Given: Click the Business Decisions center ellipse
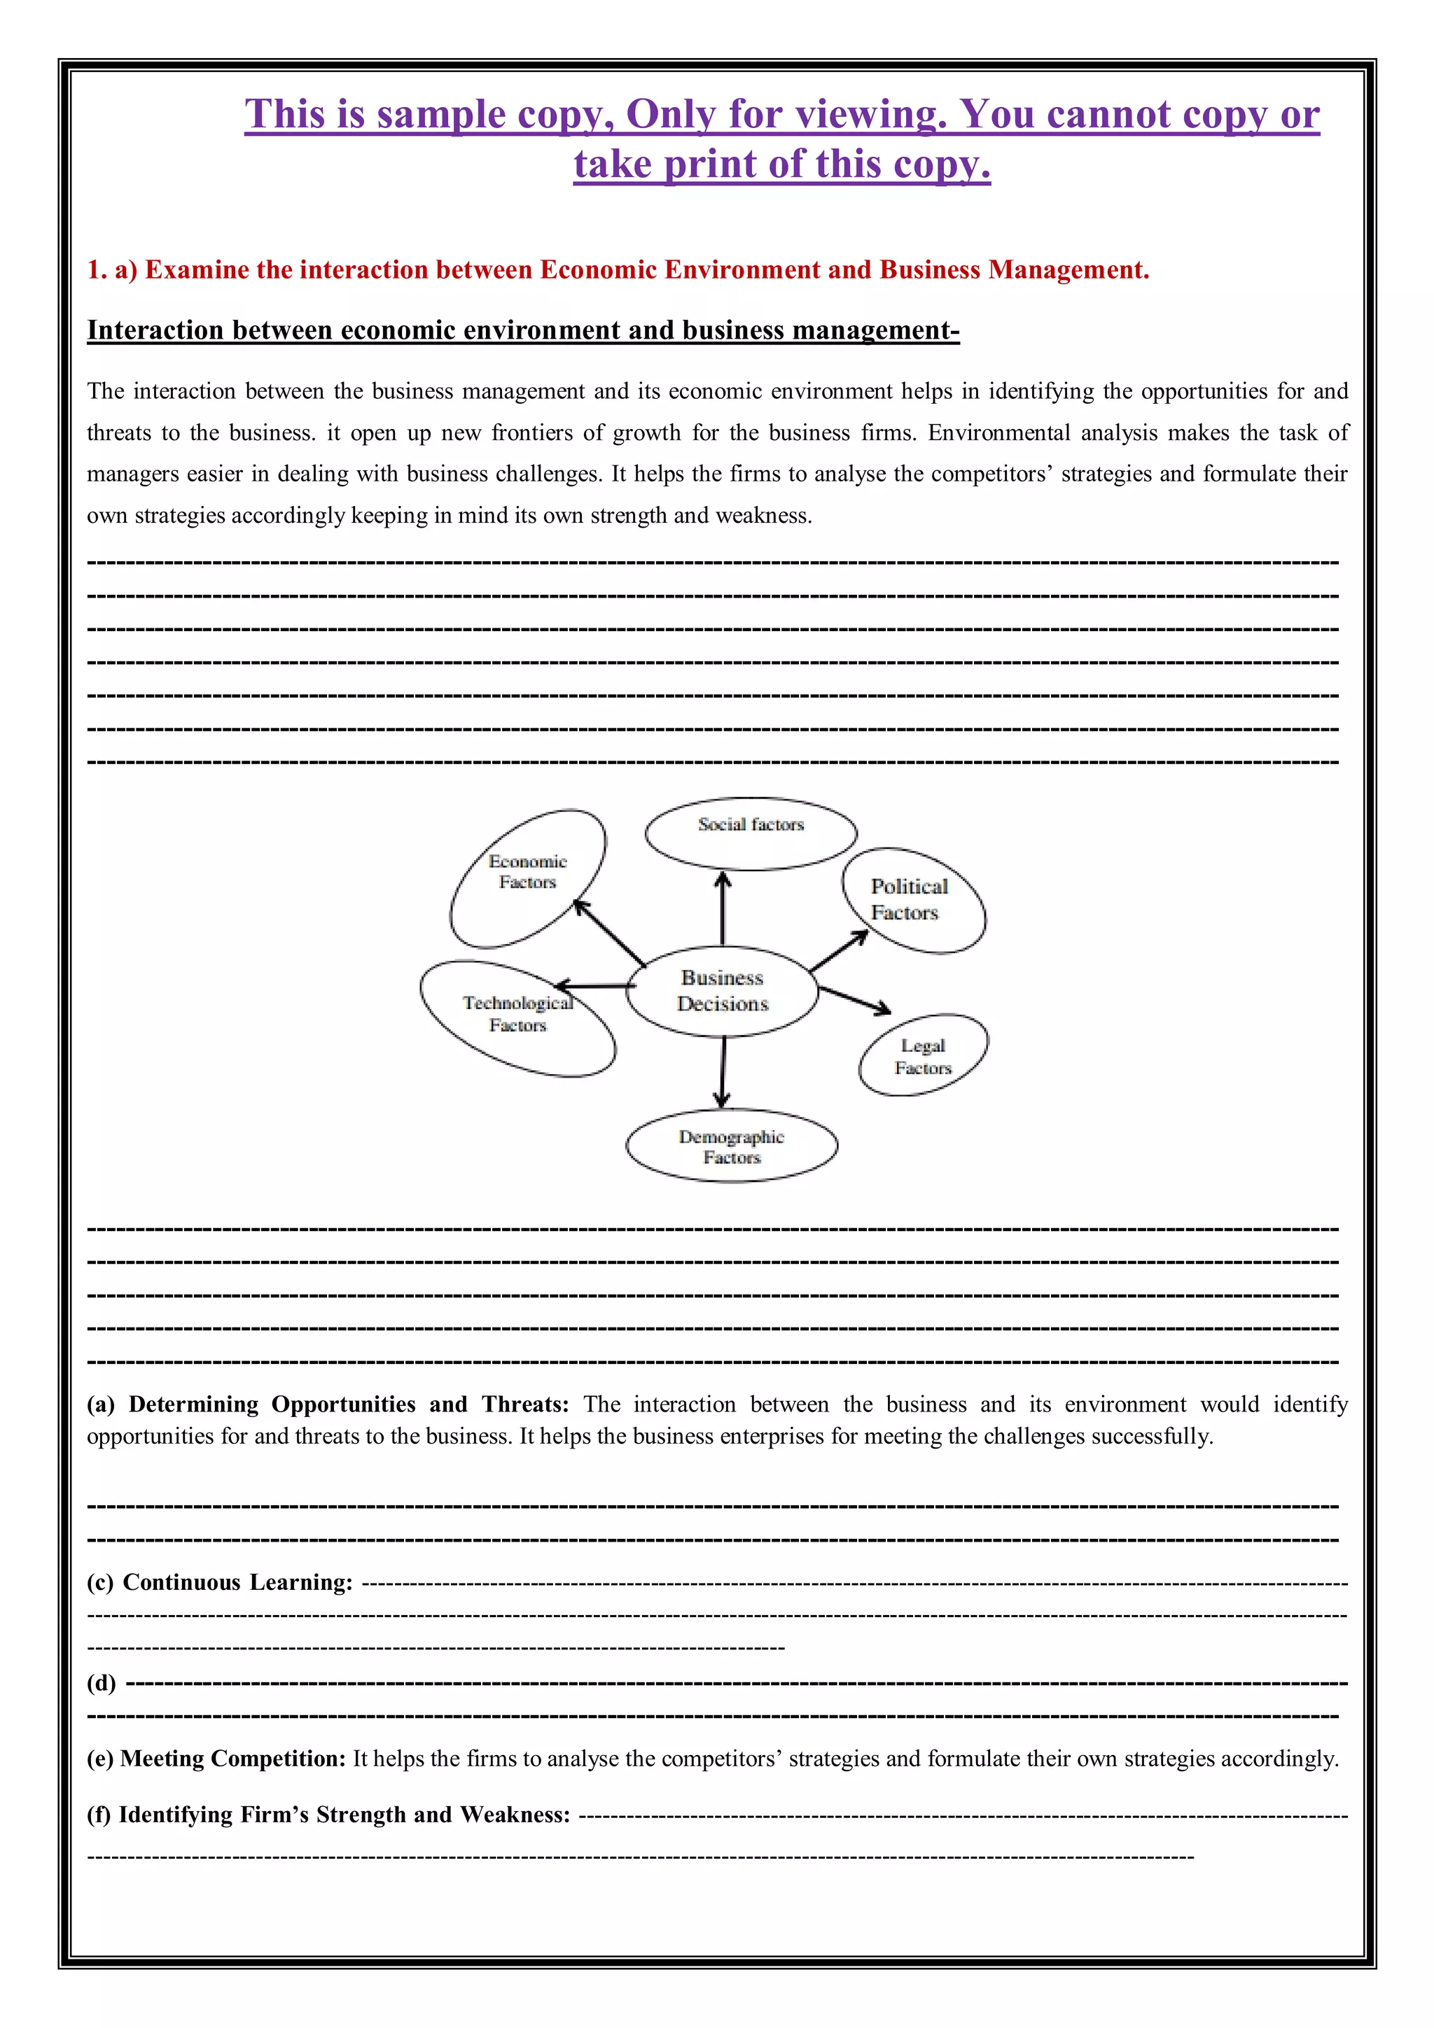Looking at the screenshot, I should [x=722, y=991].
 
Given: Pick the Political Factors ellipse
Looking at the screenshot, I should [x=914, y=900].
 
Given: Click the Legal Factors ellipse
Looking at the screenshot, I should [x=924, y=1055].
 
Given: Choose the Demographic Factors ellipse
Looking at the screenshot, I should [x=731, y=1146].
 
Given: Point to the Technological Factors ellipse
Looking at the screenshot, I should [x=517, y=1017].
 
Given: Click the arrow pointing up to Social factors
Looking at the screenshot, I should [x=723, y=908].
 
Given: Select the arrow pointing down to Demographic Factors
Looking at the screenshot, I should [x=723, y=1071].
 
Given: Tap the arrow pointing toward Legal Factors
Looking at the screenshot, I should [x=854, y=999].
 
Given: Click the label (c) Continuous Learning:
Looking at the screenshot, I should [x=220, y=1582].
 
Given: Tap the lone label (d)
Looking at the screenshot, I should [x=101, y=1682].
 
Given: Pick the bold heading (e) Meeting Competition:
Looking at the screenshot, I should [x=216, y=1759].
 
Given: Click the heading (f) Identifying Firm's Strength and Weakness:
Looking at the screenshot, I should [x=328, y=1815].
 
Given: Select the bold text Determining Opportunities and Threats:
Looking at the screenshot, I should [x=348, y=1404].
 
